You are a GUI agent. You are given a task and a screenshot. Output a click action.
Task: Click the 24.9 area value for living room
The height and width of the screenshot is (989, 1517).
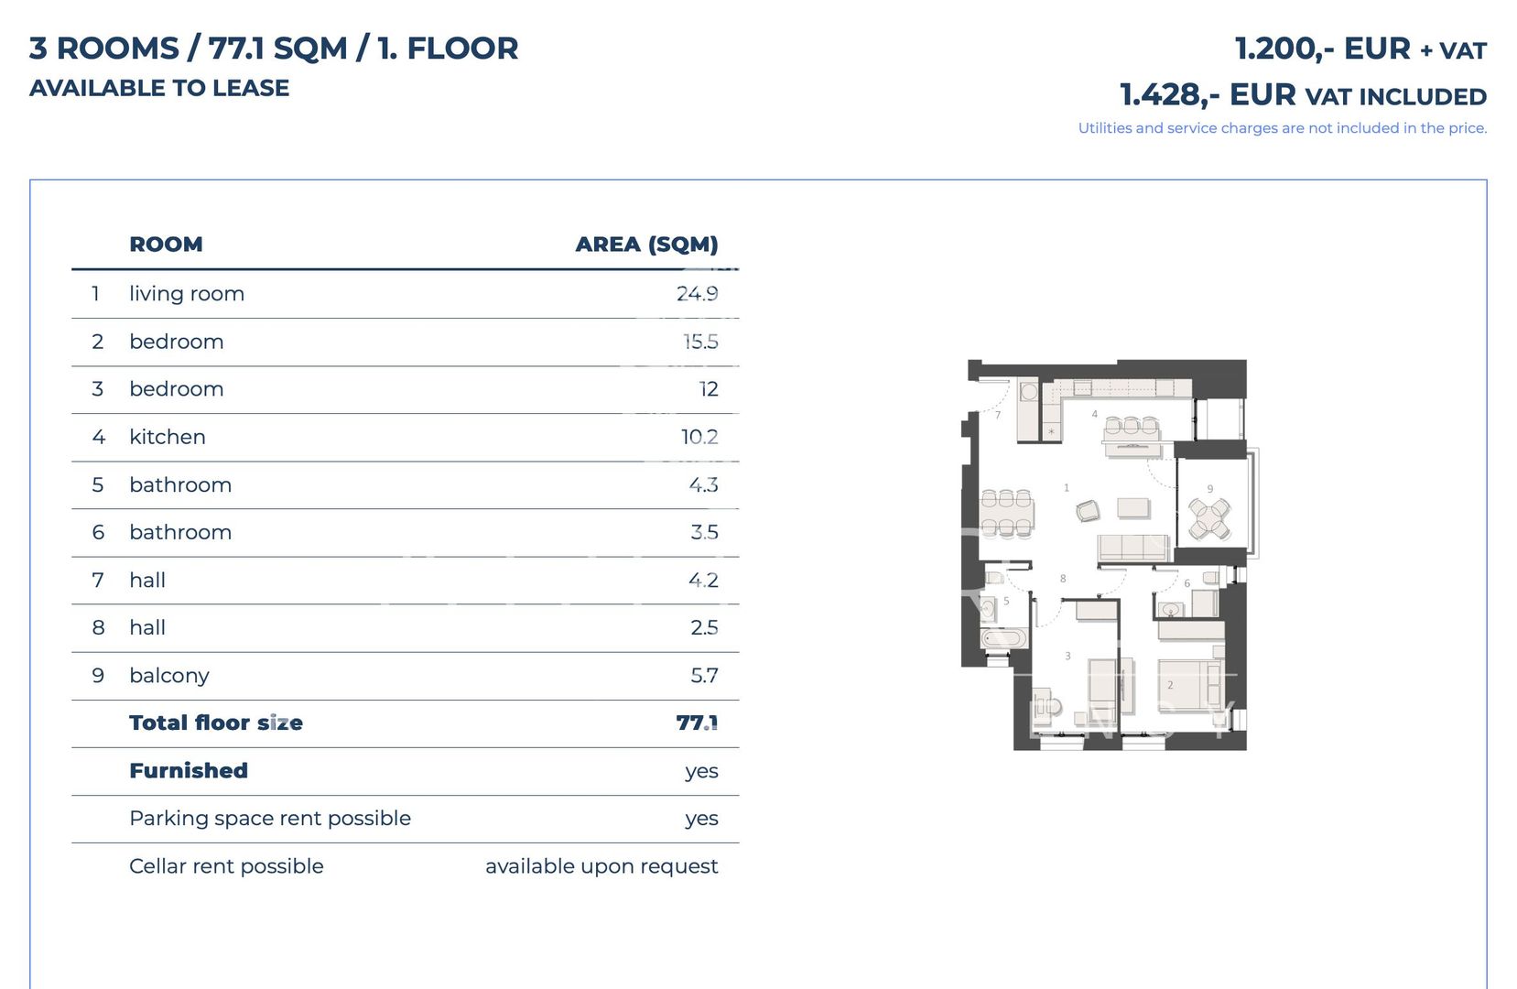(697, 294)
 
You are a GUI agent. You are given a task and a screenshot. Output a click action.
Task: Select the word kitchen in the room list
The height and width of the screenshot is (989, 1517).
(168, 437)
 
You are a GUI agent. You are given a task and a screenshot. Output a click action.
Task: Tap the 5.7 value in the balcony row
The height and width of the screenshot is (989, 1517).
(704, 676)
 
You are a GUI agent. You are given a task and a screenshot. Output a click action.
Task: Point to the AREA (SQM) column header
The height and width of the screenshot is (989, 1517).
(646, 245)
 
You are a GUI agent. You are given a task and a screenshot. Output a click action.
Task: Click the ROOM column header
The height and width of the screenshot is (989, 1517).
(166, 245)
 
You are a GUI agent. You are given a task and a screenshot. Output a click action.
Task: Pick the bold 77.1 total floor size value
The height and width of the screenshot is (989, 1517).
(697, 723)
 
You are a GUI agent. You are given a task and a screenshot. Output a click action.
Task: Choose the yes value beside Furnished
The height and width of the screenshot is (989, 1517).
(701, 771)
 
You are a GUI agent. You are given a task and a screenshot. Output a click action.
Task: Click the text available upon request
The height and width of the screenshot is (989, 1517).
(601, 866)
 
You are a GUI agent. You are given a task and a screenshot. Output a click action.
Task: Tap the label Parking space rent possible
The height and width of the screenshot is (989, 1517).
(270, 819)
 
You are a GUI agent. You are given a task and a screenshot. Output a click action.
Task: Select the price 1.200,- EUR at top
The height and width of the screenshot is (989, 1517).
(1322, 49)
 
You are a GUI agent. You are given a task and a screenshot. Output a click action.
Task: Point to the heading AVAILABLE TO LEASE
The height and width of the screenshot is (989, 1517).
(159, 88)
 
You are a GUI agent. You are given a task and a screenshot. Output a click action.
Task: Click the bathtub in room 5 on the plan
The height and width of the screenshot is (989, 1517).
(1003, 638)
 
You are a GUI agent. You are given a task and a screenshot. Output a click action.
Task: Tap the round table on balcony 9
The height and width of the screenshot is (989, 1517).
(1209, 519)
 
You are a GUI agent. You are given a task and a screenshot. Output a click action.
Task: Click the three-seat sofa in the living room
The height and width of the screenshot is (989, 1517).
(1133, 548)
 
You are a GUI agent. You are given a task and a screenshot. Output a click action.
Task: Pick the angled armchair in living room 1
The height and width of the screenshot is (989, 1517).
(1088, 511)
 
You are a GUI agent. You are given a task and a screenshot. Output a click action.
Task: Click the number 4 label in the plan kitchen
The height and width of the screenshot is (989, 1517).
(1094, 414)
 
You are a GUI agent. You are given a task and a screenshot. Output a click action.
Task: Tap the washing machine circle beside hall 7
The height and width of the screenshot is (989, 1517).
(1028, 392)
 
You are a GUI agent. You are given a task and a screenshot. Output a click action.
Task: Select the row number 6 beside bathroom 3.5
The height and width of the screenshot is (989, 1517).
(98, 533)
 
